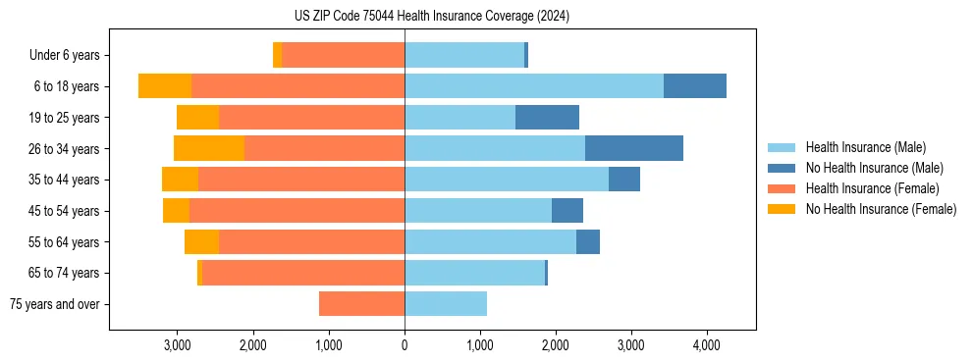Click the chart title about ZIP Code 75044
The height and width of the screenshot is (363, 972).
tap(431, 17)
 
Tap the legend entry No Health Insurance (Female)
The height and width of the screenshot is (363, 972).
tap(881, 209)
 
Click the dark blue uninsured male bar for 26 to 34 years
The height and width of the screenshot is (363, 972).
tap(634, 148)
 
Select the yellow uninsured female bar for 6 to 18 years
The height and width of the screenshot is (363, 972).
tap(165, 86)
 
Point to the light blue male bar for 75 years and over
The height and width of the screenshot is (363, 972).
tap(446, 304)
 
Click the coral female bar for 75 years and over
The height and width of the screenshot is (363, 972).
tap(361, 304)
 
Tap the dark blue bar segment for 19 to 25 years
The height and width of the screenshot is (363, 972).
tap(547, 118)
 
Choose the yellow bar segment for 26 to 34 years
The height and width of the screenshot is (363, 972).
tap(209, 148)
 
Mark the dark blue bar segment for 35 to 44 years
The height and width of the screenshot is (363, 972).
tap(624, 180)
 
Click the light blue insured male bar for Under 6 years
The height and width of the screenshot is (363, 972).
tap(464, 55)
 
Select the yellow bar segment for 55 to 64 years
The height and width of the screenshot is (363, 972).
tap(201, 242)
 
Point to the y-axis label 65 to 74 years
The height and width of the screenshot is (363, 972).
tap(65, 274)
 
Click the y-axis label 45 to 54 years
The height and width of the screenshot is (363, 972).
tap(65, 211)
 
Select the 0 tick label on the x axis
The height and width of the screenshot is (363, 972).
tap(405, 345)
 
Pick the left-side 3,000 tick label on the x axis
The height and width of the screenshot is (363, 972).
tap(178, 345)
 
